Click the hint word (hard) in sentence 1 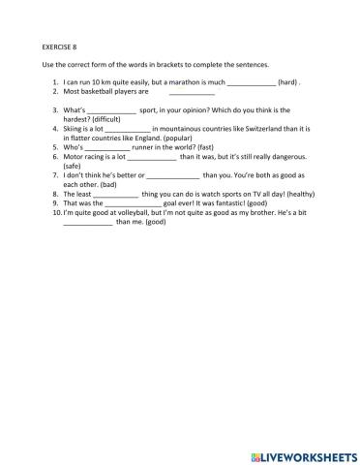tap(288, 83)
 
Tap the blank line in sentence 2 tap(191, 94)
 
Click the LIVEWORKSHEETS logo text tap(303, 452)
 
